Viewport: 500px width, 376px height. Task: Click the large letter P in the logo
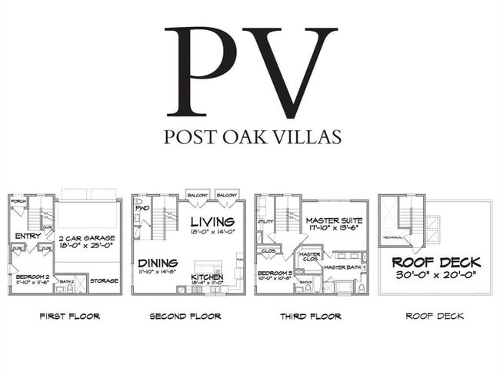[x=202, y=72]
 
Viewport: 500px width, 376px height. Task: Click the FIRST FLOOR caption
[x=70, y=316]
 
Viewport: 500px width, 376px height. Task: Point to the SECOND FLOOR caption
[x=185, y=316]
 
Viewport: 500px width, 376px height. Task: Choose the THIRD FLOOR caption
[x=310, y=316]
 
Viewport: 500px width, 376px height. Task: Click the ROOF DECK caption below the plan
[x=435, y=316]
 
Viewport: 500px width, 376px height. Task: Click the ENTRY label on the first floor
[x=28, y=237]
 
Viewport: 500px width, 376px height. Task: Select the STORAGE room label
[x=105, y=280]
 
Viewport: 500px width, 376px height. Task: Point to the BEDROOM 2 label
[x=33, y=275]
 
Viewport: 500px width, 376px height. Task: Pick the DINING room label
[x=158, y=262]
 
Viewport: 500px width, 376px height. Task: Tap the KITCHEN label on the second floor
[x=207, y=276]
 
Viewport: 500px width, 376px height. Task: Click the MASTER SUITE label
[x=333, y=220]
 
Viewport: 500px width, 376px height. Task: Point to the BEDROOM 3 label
[x=275, y=273]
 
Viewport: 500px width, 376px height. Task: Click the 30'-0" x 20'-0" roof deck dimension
[x=435, y=274]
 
